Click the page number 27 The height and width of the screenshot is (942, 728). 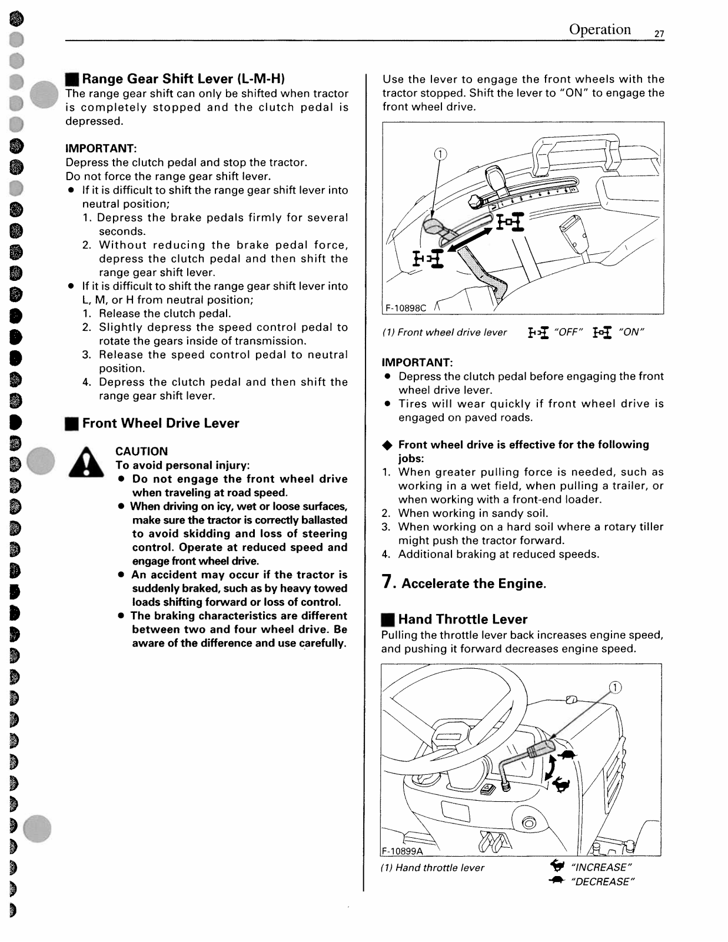pyautogui.click(x=659, y=34)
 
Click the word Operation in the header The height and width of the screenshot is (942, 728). pyautogui.click(x=600, y=29)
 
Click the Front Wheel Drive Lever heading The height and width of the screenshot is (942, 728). pyautogui.click(x=161, y=423)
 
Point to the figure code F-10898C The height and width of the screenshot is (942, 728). pyautogui.click(x=405, y=308)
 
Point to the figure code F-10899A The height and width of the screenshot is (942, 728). pyautogui.click(x=403, y=850)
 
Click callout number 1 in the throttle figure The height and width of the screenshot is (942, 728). pyautogui.click(x=614, y=688)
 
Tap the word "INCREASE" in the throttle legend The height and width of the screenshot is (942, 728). pyautogui.click(x=601, y=867)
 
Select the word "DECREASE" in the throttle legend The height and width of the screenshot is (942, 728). pyautogui.click(x=602, y=881)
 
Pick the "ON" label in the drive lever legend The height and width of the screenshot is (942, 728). pyautogui.click(x=631, y=332)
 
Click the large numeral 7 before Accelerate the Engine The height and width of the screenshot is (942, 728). pyautogui.click(x=387, y=582)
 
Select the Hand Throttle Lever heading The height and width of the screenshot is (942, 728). pyautogui.click(x=463, y=619)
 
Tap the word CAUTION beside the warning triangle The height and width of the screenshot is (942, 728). pyautogui.click(x=141, y=452)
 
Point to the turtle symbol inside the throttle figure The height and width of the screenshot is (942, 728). pyautogui.click(x=566, y=755)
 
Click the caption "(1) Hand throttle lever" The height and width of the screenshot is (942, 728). pyautogui.click(x=433, y=867)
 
